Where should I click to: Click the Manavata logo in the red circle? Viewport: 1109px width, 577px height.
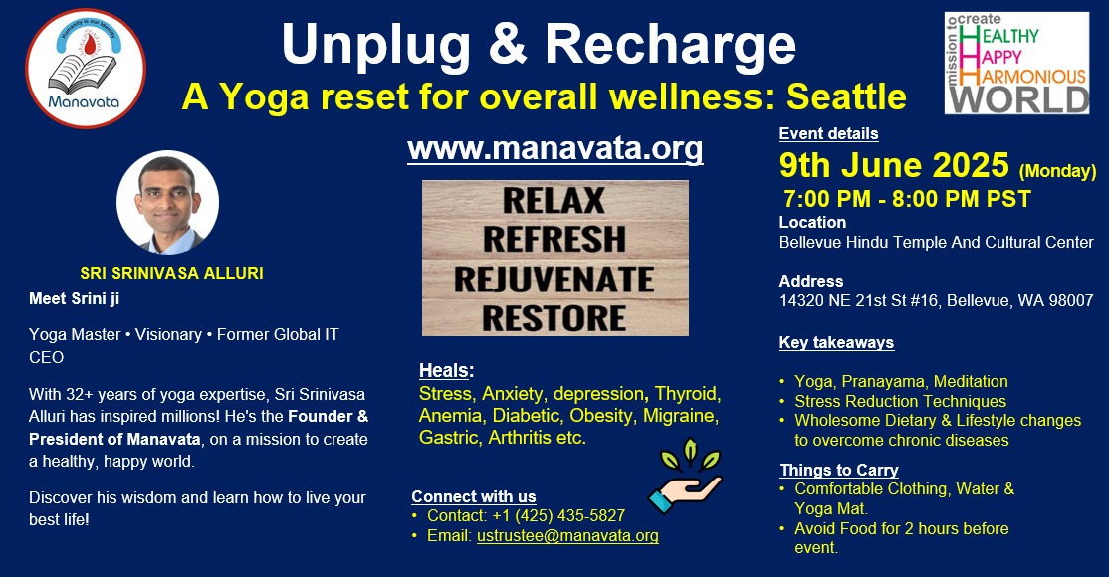pos(86,69)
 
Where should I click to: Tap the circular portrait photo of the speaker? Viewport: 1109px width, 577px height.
pos(167,202)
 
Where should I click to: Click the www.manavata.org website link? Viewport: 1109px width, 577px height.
pos(555,149)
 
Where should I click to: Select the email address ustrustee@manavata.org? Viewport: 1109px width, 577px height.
pos(567,536)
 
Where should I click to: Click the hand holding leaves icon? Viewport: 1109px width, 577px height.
pos(685,476)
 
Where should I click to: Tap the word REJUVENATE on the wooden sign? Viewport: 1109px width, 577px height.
pos(554,280)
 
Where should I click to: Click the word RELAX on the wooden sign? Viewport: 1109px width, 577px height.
pos(554,201)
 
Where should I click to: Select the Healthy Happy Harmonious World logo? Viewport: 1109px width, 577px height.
pos(1016,63)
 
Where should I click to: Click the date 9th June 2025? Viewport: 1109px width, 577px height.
pos(894,165)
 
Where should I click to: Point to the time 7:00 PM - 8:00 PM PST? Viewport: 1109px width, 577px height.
pos(908,199)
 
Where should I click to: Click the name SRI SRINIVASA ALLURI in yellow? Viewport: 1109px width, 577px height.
pos(172,273)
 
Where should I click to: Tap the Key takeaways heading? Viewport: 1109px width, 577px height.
pos(836,343)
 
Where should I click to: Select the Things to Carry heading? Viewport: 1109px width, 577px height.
pos(839,471)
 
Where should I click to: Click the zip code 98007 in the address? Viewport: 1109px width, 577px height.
pos(1071,301)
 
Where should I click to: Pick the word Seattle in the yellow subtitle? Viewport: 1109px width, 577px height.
pos(846,96)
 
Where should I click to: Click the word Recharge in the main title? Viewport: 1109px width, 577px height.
pos(671,45)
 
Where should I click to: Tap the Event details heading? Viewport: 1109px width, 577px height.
pos(829,133)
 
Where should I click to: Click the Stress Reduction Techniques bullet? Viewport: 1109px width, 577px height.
pos(900,402)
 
